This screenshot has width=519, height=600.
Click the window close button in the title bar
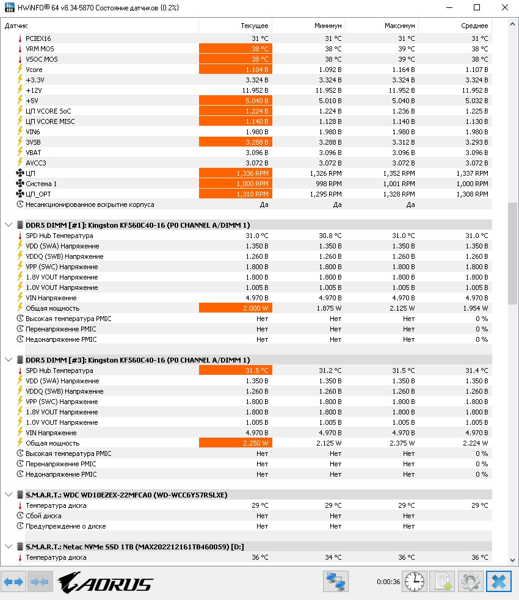(x=504, y=7)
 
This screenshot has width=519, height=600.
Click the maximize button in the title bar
(x=477, y=7)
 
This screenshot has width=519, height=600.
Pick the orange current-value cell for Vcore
(x=236, y=70)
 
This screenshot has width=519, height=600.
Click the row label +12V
(x=34, y=90)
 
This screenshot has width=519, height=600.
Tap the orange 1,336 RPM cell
(x=236, y=173)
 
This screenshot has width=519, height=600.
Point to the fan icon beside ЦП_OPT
(x=20, y=194)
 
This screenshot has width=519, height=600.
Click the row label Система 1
(x=41, y=184)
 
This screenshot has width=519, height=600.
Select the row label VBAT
(x=34, y=153)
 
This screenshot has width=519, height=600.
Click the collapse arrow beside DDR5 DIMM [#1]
(x=8, y=225)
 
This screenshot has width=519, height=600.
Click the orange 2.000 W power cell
(x=236, y=308)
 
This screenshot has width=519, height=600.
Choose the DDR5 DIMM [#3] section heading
(x=137, y=360)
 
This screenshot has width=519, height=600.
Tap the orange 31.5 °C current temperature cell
(x=236, y=370)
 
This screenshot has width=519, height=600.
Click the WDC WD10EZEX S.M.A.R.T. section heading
(x=126, y=495)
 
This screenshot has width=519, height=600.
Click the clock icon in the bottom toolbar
(x=415, y=582)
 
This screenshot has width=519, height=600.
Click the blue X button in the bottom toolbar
(x=498, y=582)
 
